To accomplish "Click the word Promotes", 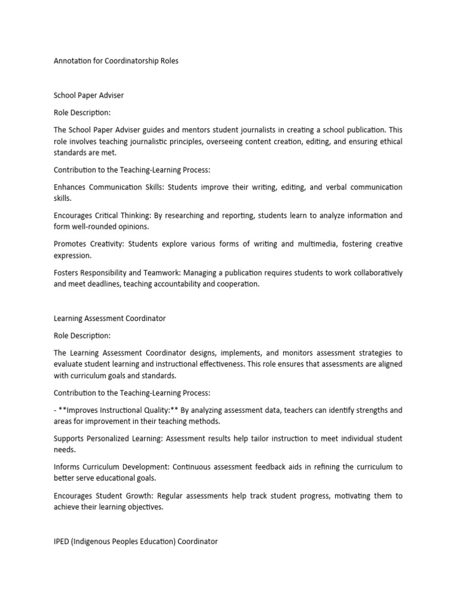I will [71, 244].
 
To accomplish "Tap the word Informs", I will [67, 467].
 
